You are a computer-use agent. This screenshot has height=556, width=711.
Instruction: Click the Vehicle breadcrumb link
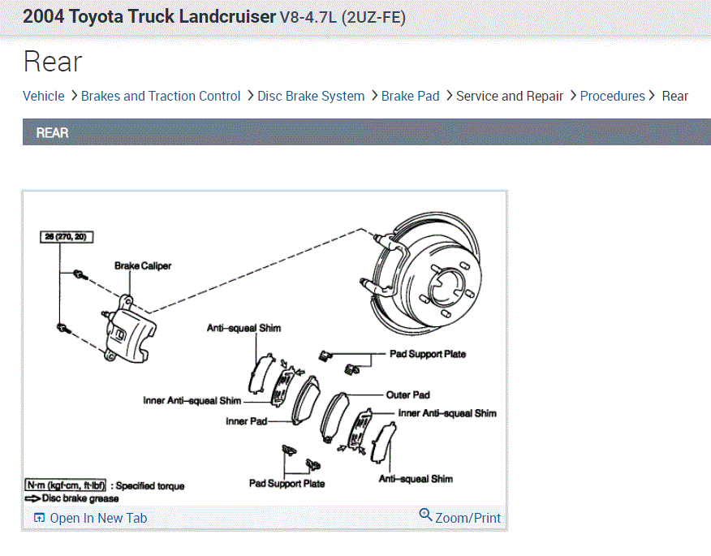(x=43, y=96)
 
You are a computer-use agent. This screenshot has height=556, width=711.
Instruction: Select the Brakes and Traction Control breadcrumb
(x=161, y=96)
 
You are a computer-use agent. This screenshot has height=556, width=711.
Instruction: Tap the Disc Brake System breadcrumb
(x=311, y=96)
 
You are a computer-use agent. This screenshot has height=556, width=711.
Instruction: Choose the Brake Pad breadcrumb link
(x=410, y=96)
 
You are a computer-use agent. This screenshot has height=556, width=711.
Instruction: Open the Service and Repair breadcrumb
(x=510, y=96)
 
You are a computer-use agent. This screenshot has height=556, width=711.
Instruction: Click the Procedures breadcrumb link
(x=612, y=96)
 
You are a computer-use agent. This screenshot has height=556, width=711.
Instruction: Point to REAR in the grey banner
(x=52, y=132)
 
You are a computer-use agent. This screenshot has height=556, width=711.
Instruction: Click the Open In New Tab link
(x=97, y=518)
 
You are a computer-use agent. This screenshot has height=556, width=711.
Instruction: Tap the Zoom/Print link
(x=468, y=517)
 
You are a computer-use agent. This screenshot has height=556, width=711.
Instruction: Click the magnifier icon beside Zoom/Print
(x=425, y=515)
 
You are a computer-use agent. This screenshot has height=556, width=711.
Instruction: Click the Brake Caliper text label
(x=143, y=265)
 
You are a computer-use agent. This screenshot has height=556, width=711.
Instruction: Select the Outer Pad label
(x=407, y=394)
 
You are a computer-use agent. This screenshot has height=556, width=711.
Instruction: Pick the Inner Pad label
(x=246, y=421)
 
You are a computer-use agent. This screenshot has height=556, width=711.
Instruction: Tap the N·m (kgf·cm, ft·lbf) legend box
(x=65, y=485)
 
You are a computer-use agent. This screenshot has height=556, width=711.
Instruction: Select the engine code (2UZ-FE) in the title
(x=373, y=17)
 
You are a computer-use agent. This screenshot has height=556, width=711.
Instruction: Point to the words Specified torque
(x=150, y=486)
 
